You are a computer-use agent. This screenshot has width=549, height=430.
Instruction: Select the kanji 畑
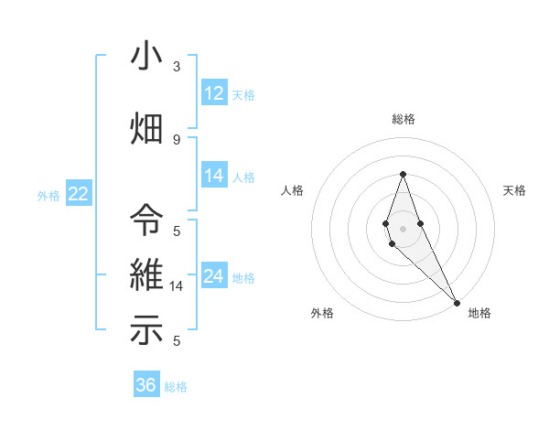146,128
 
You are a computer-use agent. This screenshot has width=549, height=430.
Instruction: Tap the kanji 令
146,220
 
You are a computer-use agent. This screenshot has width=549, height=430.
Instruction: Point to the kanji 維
146,276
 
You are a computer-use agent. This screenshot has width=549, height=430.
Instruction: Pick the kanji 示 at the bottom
146,331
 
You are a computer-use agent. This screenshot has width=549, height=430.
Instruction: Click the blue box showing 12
214,93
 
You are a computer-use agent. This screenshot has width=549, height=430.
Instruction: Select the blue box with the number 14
214,176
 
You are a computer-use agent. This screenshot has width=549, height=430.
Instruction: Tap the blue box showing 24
214,276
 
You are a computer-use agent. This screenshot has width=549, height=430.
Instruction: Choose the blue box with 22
78,193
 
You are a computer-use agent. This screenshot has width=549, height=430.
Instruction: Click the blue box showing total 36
145,385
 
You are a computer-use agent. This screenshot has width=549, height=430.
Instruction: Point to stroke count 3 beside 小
177,67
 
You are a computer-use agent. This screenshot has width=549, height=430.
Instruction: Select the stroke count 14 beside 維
178,286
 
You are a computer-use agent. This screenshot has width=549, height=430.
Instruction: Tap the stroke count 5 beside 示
177,340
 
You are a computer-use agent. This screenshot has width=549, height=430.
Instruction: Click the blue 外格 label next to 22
48,194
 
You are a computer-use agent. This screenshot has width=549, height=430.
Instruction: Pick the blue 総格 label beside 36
176,386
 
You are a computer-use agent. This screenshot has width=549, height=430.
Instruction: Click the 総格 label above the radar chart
403,119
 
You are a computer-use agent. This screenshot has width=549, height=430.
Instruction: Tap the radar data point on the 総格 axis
403,174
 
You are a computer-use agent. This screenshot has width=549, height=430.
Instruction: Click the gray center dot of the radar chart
403,228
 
